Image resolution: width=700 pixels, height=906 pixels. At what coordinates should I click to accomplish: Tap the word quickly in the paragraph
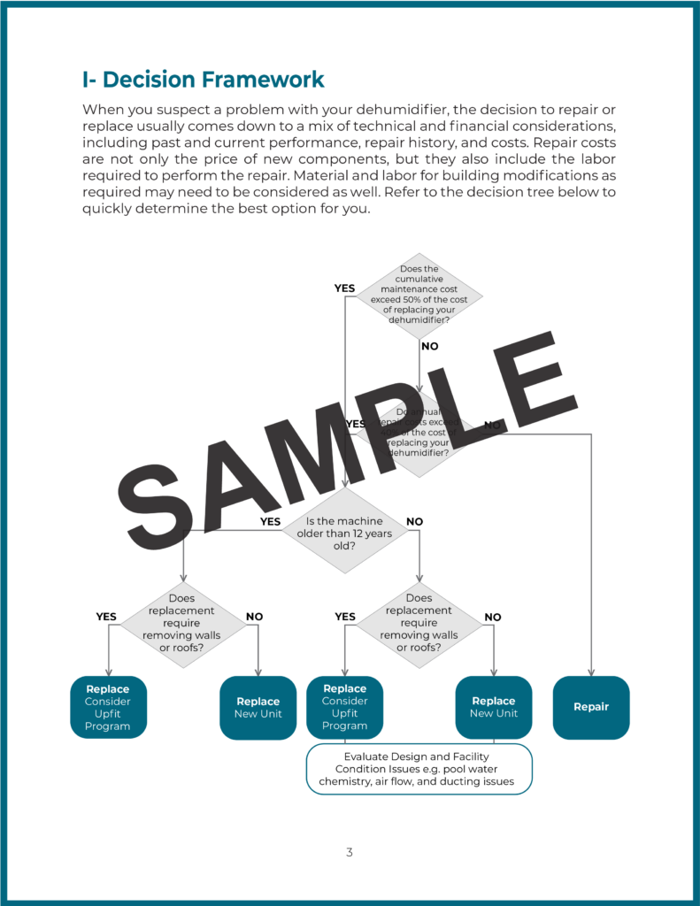click(x=110, y=209)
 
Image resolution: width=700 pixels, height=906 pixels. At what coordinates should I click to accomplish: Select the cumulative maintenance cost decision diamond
click(x=419, y=294)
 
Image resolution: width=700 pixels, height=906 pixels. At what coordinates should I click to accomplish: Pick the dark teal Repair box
click(x=590, y=707)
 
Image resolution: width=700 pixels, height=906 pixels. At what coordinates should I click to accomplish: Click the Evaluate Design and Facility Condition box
click(x=419, y=769)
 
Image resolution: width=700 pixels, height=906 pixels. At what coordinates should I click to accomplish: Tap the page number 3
click(x=350, y=853)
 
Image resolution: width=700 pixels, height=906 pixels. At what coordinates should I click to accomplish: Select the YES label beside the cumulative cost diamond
click(x=344, y=288)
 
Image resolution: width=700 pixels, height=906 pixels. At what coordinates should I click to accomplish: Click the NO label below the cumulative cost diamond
click(x=429, y=346)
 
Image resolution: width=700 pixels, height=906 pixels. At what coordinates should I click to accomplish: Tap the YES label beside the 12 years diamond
click(x=270, y=521)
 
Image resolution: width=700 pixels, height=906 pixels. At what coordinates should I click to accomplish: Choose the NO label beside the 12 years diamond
click(x=414, y=521)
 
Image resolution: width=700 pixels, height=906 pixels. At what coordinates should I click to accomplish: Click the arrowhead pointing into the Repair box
click(x=590, y=672)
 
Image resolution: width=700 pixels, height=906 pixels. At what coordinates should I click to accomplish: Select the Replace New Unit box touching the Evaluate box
click(x=493, y=707)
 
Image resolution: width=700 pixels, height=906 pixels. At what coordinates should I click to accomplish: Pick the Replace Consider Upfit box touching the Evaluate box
click(x=344, y=707)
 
